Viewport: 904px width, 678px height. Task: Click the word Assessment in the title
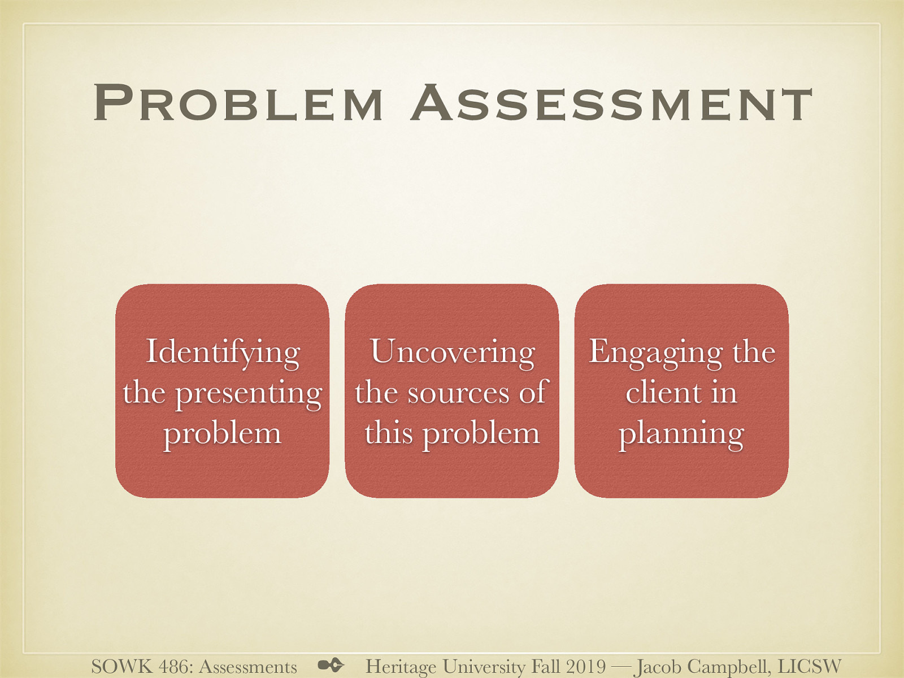612,103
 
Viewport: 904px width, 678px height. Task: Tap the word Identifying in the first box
223,353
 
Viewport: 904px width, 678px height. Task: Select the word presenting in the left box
249,394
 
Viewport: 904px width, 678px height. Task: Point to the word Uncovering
452,351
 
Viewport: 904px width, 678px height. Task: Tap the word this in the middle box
388,433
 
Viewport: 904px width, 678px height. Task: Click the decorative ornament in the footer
331,665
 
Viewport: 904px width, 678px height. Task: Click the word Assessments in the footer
248,667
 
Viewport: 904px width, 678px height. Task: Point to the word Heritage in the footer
401,667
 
